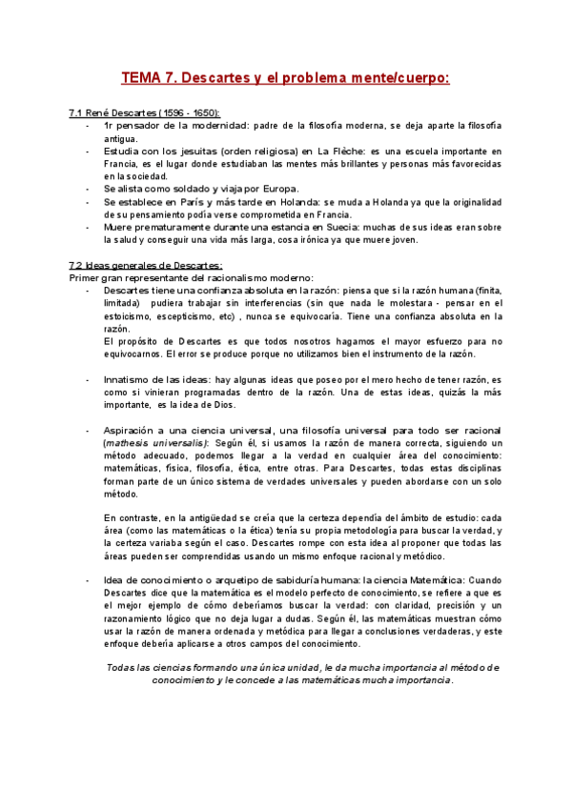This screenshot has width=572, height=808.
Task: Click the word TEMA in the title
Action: click(142, 75)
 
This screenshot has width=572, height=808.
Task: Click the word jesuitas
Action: click(188, 151)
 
